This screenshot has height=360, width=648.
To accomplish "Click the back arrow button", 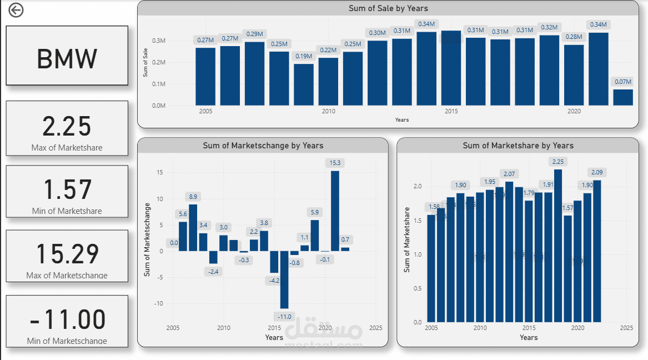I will (x=16, y=10).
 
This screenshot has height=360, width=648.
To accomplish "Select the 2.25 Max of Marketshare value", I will (x=67, y=127).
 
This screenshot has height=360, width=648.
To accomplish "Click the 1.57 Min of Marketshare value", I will (x=67, y=189).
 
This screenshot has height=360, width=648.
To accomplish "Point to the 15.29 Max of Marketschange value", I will (x=67, y=254).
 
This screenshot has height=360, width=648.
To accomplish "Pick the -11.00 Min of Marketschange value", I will (x=67, y=319).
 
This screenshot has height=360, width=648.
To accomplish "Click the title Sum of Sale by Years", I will (x=388, y=8).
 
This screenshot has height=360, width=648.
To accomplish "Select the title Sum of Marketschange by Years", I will (x=263, y=146).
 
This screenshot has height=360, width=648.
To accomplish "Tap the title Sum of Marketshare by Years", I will (x=518, y=146).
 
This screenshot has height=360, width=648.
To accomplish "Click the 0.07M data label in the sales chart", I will (x=622, y=82).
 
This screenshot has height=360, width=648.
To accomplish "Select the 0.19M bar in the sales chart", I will (x=304, y=84).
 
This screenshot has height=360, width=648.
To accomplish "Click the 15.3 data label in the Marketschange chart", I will (x=335, y=163).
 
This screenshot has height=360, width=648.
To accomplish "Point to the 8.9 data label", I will (x=193, y=197).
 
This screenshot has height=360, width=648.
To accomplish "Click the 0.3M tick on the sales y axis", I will (x=159, y=41).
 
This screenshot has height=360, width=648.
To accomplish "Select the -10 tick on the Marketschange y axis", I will (x=159, y=303).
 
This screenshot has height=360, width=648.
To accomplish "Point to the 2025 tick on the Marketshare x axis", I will (x=626, y=328).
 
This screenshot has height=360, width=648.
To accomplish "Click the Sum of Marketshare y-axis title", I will (x=407, y=240).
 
